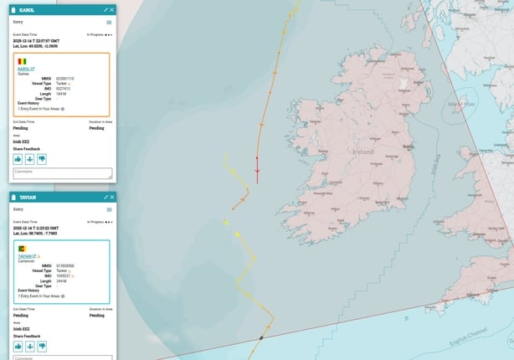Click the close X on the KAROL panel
coord(112,9)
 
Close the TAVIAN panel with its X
coord(112,197)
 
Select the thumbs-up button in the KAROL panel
coord(18,158)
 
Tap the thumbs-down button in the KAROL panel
coord(42,158)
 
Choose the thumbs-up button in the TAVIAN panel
coord(18,346)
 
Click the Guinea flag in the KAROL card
coord(22,62)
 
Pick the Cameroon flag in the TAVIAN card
coord(22,249)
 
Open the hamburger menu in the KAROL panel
coord(109,22)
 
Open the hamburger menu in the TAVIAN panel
coord(109,209)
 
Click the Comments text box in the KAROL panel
coord(63,173)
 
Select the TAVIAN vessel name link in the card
coord(29,256)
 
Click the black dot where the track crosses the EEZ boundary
coord(261,337)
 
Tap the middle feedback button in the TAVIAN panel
coord(29,346)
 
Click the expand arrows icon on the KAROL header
coord(105,9)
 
